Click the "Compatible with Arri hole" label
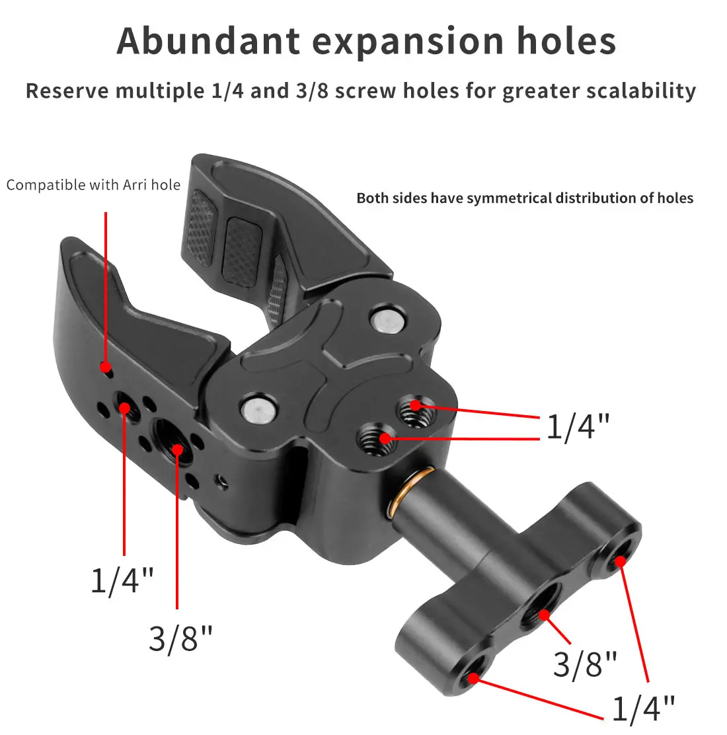[93, 185]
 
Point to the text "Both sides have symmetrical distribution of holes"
[525, 198]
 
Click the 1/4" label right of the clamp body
[577, 426]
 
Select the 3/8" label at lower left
[180, 638]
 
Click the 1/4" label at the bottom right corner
[643, 709]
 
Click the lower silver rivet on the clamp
[258, 409]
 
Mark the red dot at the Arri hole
[104, 366]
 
